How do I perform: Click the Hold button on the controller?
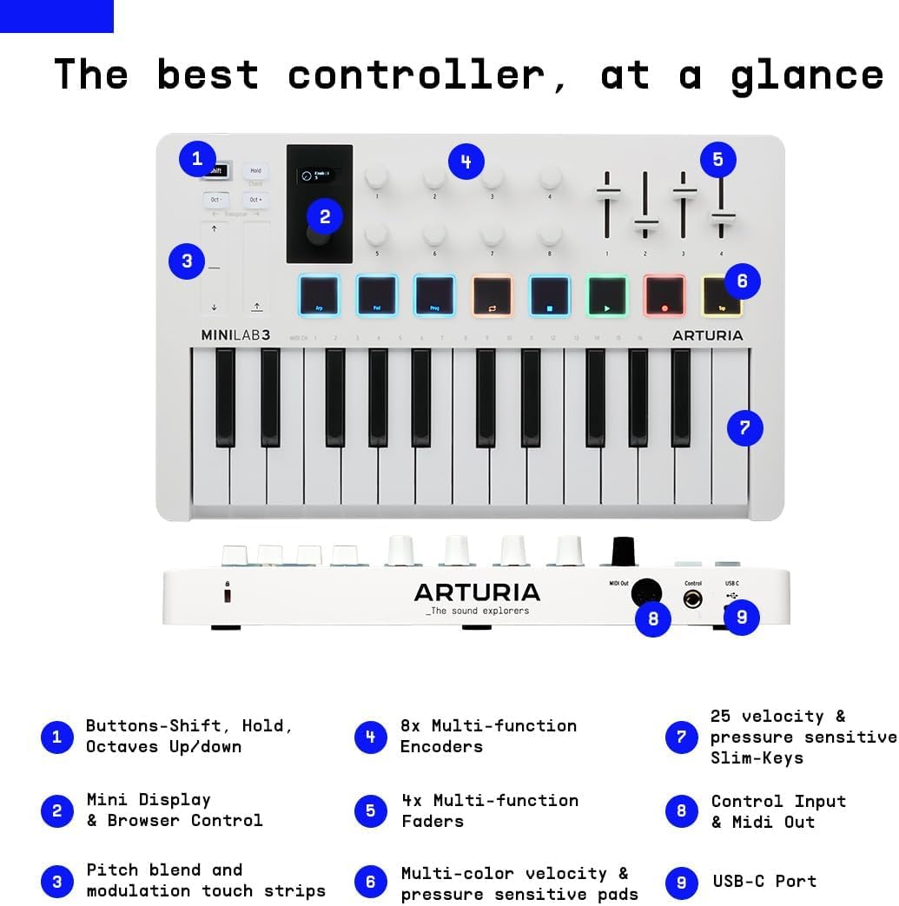[255, 171]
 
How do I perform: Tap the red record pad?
[664, 296]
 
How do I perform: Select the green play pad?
[607, 296]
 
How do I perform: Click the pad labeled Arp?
[319, 296]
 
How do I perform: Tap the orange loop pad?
[492, 296]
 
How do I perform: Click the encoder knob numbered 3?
[492, 178]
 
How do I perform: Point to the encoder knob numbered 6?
[434, 235]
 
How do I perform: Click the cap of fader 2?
[645, 227]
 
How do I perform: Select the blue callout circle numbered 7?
[744, 427]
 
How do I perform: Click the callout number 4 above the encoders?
[466, 162]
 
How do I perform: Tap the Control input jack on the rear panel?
[692, 598]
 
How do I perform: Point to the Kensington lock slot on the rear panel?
[228, 594]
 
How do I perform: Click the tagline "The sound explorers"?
[477, 611]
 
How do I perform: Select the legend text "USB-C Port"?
[764, 881]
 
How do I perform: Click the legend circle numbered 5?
[371, 811]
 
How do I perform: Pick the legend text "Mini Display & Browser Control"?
[174, 810]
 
